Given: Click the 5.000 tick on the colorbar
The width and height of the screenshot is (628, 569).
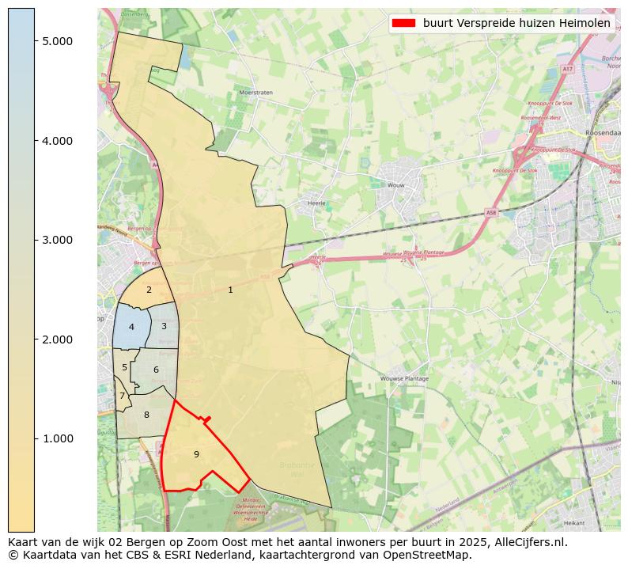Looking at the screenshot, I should click(x=58, y=41).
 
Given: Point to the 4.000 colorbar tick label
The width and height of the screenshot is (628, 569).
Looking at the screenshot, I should click(x=58, y=141).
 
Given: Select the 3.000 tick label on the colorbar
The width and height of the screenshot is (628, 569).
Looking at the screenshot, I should click(x=58, y=240).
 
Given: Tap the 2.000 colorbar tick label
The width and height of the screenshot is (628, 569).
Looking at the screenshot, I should click(x=58, y=340).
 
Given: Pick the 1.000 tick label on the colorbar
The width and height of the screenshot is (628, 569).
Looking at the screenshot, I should click(x=58, y=438).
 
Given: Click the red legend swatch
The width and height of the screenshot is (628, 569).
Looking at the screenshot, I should click(x=403, y=23).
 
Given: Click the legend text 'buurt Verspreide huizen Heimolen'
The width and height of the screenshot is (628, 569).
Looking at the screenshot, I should click(x=516, y=23).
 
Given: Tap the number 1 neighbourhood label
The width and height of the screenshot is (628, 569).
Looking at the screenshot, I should click(x=230, y=290).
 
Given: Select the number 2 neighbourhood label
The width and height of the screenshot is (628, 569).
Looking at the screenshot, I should click(x=149, y=290).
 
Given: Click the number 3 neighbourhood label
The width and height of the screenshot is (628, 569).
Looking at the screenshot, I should click(x=164, y=326).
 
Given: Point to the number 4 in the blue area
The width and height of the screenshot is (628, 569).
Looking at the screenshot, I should click(x=131, y=327).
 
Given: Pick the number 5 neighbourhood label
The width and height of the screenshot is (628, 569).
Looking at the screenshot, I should click(x=124, y=367).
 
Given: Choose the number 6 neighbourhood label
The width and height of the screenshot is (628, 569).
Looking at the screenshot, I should click(x=156, y=370).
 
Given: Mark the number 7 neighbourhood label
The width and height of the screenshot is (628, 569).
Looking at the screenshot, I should click(x=122, y=396).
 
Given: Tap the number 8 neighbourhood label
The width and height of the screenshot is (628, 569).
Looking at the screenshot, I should click(x=146, y=415).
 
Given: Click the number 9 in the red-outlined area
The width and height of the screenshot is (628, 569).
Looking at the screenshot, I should click(x=196, y=454).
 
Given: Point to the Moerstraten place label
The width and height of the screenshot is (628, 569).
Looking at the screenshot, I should click(x=255, y=93).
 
